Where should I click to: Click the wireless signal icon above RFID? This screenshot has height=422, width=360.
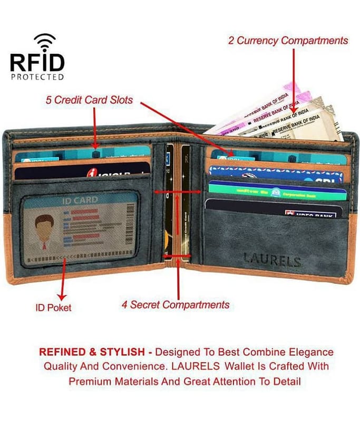[x=45, y=42]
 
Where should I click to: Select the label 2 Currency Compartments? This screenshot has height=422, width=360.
[x=288, y=41]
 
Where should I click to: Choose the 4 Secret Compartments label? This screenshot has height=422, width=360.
[x=176, y=305]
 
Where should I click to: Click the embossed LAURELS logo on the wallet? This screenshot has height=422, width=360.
[x=272, y=261]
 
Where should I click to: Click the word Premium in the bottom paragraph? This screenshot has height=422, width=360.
[x=92, y=381]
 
